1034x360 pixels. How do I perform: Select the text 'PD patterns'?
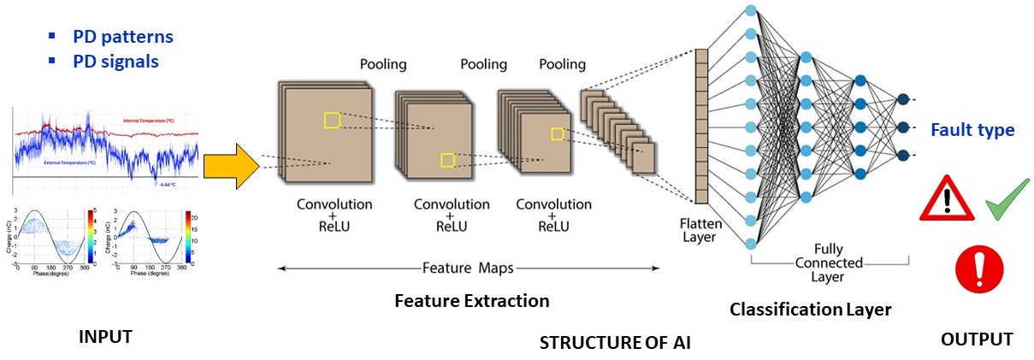click(x=121, y=37)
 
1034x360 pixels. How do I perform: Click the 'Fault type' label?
click(x=972, y=131)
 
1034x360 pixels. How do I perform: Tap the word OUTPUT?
click(x=976, y=339)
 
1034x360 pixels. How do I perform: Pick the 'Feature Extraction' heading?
click(x=472, y=301)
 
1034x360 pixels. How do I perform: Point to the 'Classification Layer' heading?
click(x=810, y=310)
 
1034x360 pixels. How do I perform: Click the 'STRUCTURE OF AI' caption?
click(x=615, y=343)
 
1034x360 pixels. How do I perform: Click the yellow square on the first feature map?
click(x=332, y=121)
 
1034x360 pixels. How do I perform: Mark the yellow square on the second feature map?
click(x=446, y=160)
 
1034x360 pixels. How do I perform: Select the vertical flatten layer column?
click(x=701, y=127)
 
